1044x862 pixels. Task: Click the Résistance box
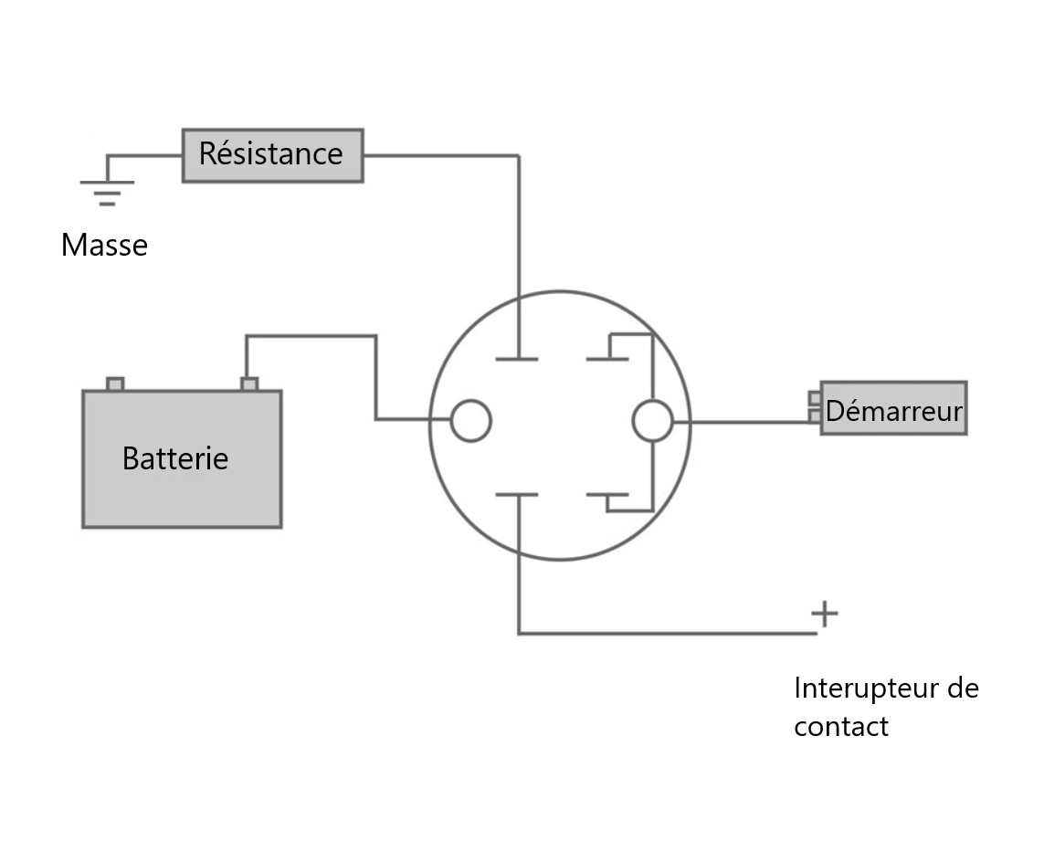point(272,155)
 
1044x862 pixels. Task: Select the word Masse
point(104,246)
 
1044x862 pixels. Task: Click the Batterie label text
point(175,458)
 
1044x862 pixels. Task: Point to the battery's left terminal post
point(115,384)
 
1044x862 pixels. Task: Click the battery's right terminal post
point(248,384)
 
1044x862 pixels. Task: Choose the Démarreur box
point(893,408)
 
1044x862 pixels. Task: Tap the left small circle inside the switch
point(471,420)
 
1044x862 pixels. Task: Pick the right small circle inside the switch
point(652,421)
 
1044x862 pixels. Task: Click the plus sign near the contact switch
point(824,614)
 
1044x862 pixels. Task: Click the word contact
point(840,728)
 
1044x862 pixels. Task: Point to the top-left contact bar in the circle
point(517,359)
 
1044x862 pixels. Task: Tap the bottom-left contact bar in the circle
point(517,495)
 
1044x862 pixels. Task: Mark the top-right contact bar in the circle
point(606,358)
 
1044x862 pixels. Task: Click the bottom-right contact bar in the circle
point(606,496)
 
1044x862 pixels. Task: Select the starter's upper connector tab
point(815,398)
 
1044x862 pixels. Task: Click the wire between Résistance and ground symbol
point(144,155)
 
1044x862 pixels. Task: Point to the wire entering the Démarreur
point(749,422)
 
